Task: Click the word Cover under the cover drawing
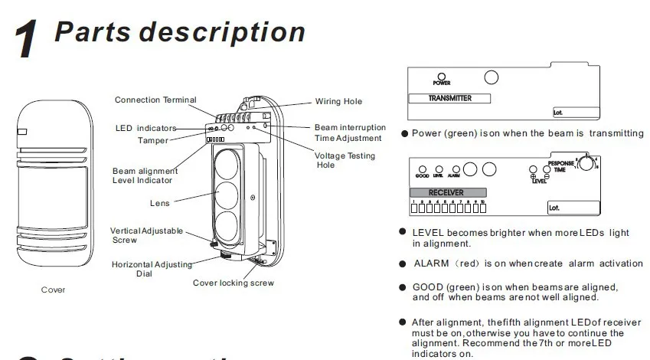pos(53,290)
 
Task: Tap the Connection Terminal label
pos(155,100)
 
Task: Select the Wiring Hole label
pos(338,102)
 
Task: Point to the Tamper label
pos(153,141)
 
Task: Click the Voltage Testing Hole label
pos(340,160)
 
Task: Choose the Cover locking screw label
pos(233,283)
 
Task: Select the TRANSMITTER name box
pos(449,99)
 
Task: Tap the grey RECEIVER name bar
pos(447,192)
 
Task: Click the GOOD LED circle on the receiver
pos(422,169)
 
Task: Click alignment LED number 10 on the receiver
pos(483,207)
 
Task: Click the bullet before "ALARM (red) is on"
pos(403,263)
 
